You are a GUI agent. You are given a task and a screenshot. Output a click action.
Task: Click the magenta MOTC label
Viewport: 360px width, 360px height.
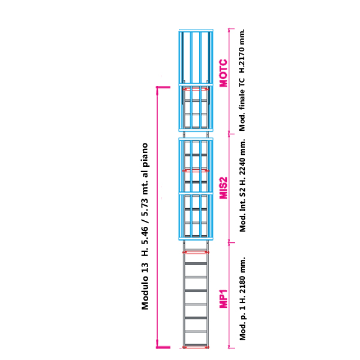(x=223, y=73)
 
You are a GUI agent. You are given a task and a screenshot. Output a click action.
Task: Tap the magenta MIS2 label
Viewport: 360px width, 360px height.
(x=223, y=187)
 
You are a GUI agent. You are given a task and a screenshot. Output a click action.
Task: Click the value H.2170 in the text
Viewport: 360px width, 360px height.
(x=242, y=53)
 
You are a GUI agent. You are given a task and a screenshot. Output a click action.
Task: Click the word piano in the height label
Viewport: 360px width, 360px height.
(x=145, y=154)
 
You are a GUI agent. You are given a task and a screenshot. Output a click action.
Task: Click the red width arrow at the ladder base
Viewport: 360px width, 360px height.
(x=195, y=347)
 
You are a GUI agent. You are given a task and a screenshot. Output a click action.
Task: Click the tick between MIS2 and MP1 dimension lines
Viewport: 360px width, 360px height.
(x=229, y=241)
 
